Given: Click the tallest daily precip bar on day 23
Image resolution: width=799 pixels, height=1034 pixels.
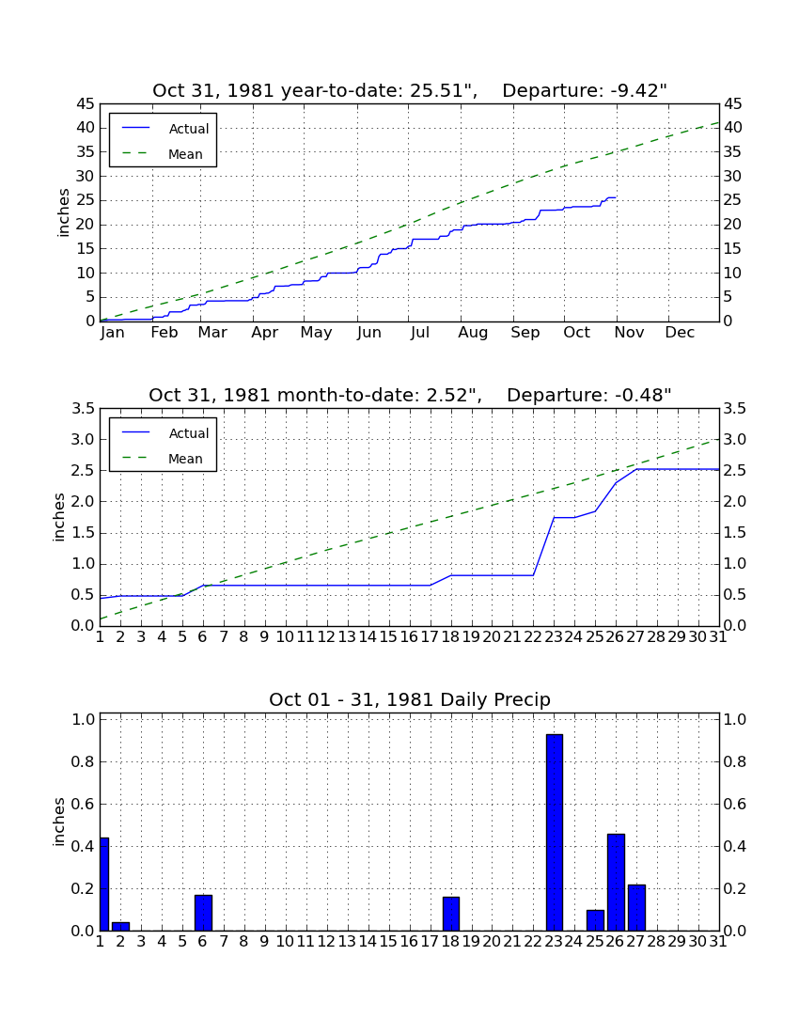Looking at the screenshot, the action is click(x=555, y=832).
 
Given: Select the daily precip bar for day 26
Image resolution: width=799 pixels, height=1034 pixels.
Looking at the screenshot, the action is click(x=616, y=883).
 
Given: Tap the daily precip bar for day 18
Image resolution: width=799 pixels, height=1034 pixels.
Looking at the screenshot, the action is click(x=451, y=914).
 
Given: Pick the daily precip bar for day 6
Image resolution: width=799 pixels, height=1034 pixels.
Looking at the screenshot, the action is click(x=203, y=913).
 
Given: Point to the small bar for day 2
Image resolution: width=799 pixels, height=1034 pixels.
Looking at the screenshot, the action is click(x=120, y=927).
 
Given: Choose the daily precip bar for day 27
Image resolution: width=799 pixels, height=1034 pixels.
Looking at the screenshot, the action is click(x=636, y=908).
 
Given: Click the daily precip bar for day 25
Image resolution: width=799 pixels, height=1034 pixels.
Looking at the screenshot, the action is click(x=595, y=920).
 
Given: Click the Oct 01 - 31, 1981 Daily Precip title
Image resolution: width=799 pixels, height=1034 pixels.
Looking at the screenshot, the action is click(x=410, y=699).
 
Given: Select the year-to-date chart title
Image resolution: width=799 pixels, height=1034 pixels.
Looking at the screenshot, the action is click(x=410, y=90).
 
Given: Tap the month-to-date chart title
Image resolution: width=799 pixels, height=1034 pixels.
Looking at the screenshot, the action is click(x=410, y=395).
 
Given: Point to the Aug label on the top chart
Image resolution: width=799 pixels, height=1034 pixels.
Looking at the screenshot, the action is click(x=474, y=333).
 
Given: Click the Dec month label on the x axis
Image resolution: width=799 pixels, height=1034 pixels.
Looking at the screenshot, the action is click(x=680, y=333).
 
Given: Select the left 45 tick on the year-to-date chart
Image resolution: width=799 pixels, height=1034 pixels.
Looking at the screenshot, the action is click(x=86, y=104).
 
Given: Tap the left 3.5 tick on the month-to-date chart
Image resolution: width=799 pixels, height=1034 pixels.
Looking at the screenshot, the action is click(x=83, y=409).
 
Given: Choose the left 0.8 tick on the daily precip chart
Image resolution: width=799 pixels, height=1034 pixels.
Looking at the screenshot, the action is click(x=83, y=761).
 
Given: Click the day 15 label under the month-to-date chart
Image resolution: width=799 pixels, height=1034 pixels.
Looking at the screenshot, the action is click(x=388, y=636).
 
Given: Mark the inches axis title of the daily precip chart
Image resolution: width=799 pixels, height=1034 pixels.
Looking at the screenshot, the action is click(x=59, y=822).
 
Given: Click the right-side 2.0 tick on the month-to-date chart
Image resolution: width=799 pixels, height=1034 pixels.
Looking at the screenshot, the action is click(x=735, y=502).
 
